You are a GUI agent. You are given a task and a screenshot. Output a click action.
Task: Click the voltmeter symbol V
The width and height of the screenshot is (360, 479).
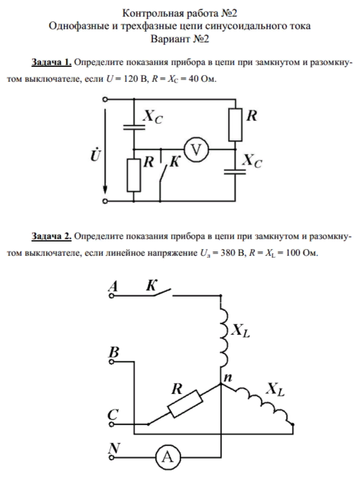pyautogui.click(x=194, y=150)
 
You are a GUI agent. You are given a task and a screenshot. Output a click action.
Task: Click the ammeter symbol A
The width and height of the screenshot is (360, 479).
pyautogui.click(x=167, y=458)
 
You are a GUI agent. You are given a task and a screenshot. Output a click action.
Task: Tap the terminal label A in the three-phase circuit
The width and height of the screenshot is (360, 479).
pyautogui.click(x=112, y=288)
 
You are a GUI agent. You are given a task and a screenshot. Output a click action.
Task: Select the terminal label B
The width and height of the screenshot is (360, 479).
pyautogui.click(x=112, y=353)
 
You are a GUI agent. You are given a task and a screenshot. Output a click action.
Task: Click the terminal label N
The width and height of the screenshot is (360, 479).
pyautogui.click(x=112, y=447)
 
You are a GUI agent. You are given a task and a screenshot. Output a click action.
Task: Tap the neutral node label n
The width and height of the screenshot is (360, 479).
pyautogui.click(x=228, y=377)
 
